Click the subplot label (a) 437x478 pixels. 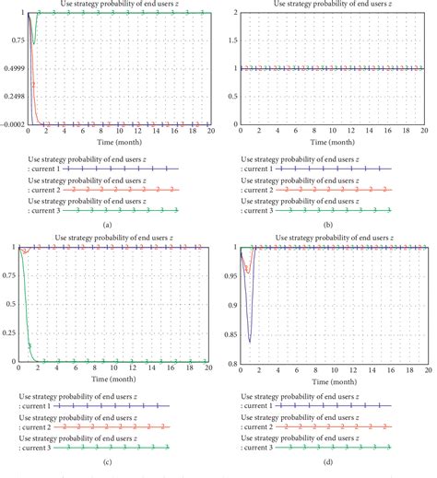tap(109, 224)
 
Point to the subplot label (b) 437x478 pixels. tap(328, 224)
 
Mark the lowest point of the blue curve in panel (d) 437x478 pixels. tap(249, 342)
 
